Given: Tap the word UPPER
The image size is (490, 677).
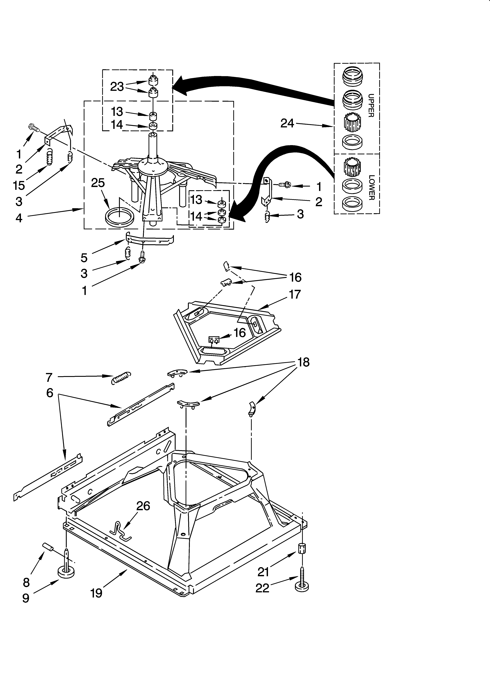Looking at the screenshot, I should [x=371, y=105].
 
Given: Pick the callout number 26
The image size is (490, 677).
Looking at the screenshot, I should [x=143, y=506].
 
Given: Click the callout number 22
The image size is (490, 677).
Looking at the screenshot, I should [x=262, y=588].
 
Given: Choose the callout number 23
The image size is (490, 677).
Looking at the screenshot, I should [x=117, y=87].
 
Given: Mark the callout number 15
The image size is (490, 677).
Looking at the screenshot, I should [x=19, y=185].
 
